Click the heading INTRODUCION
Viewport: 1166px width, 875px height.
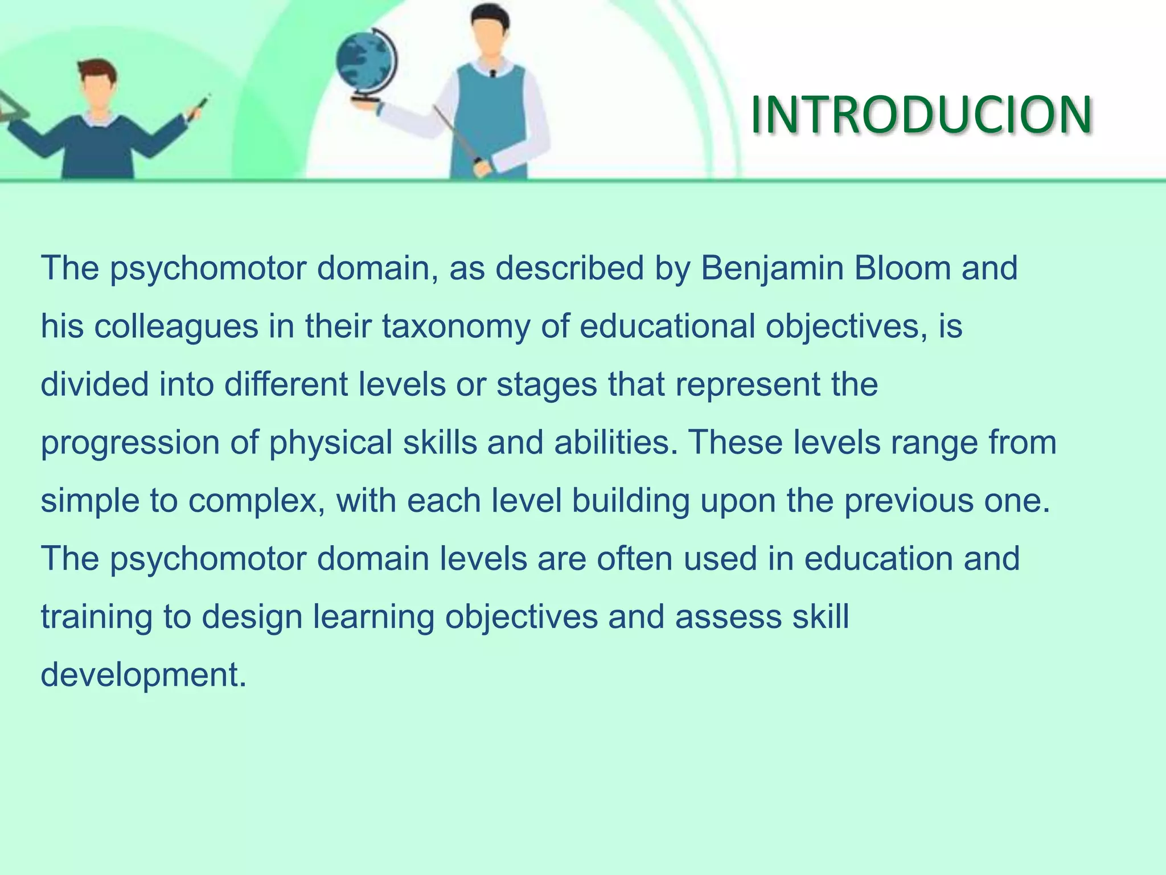(x=921, y=116)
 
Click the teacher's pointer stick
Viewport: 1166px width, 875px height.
(x=455, y=133)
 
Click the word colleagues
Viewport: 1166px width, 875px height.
(x=176, y=327)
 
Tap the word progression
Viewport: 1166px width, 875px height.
(x=130, y=443)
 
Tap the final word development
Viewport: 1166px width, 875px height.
(x=143, y=676)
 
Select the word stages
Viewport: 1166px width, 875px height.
(x=547, y=385)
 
